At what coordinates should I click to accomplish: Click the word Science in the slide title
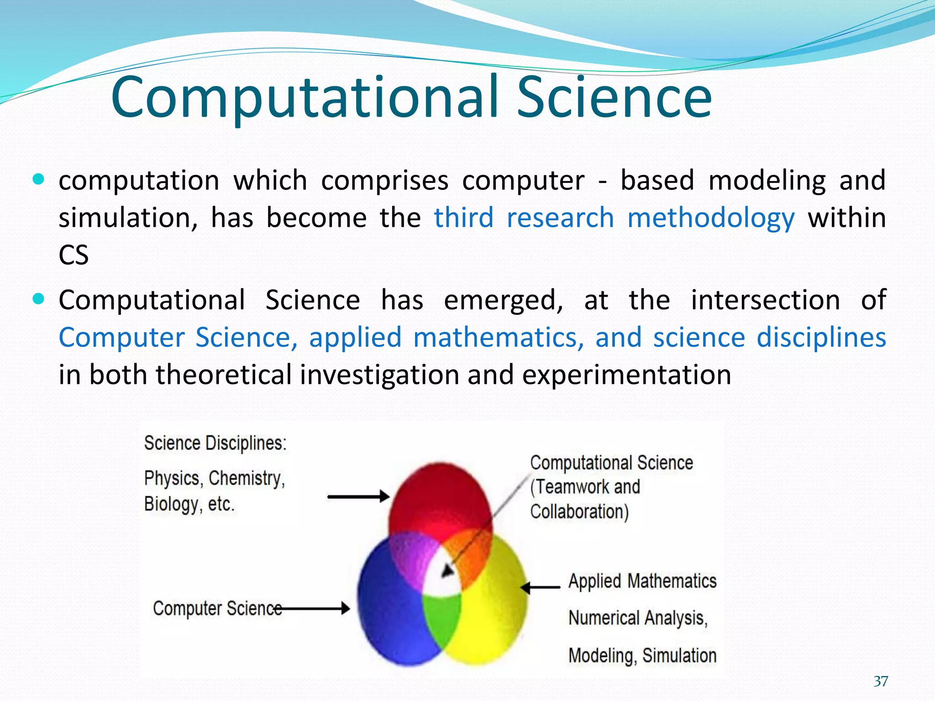pos(614,97)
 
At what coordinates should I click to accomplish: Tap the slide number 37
pos(881,681)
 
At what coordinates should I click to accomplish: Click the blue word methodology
pos(711,218)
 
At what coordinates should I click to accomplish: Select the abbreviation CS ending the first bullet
pos(74,255)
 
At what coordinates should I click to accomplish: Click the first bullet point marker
pos(39,179)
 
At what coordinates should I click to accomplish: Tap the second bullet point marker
pos(39,299)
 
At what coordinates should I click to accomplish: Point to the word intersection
pos(765,300)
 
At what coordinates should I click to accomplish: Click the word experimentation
pos(626,375)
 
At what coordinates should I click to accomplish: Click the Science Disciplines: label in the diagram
pos(215,443)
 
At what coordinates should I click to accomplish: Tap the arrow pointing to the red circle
pos(358,496)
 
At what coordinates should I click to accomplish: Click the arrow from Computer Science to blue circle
pos(315,608)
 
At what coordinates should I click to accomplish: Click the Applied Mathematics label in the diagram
pos(642,581)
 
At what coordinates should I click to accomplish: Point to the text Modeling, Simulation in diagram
pos(642,656)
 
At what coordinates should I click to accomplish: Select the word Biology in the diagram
pos(172,504)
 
